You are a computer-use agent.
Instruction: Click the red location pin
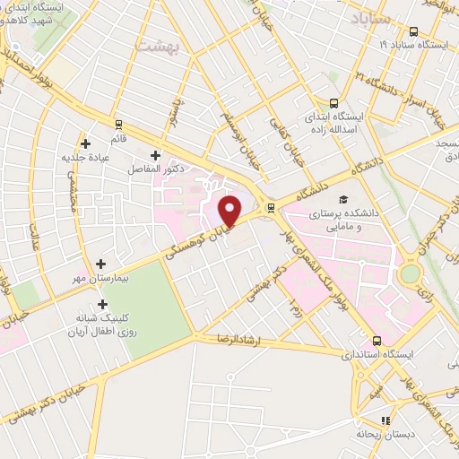(231, 211)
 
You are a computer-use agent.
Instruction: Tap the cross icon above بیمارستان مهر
(100, 264)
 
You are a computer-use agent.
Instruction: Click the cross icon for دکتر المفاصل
(158, 155)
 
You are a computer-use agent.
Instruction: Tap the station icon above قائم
(118, 125)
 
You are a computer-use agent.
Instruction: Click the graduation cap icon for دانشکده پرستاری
(343, 199)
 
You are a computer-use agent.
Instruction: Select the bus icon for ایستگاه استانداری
(377, 341)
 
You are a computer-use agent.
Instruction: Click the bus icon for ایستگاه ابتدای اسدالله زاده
(334, 102)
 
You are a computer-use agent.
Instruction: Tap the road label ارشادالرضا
(237, 339)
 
